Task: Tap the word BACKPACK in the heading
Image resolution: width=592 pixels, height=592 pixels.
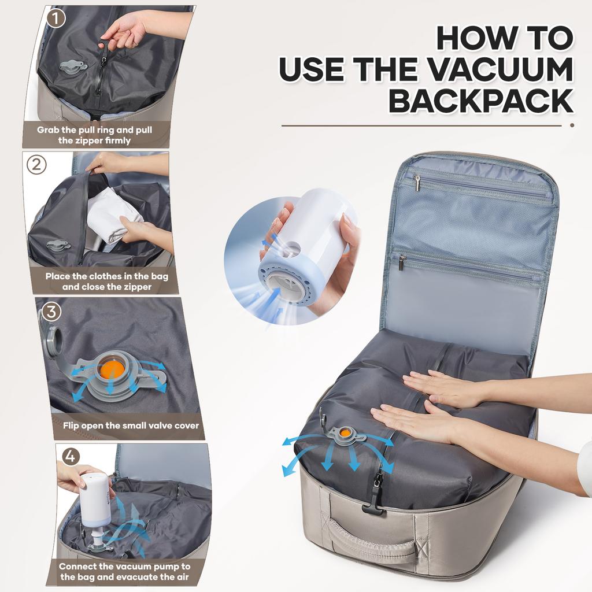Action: [480, 101]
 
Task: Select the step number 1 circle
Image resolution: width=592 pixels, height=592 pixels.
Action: [55, 18]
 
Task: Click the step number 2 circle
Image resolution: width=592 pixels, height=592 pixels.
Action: [37, 165]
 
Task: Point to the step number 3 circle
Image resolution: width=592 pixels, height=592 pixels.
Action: [51, 312]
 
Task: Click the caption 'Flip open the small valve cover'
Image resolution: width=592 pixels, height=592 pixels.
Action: [131, 425]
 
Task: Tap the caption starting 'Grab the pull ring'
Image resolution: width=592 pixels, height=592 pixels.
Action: [95, 135]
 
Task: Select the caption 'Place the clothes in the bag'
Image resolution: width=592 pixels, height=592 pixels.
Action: [107, 281]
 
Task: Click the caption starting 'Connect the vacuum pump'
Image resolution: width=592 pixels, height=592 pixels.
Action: [124, 572]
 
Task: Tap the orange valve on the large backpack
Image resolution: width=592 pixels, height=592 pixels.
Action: [345, 432]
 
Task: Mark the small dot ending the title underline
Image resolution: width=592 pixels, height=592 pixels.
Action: [572, 125]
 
